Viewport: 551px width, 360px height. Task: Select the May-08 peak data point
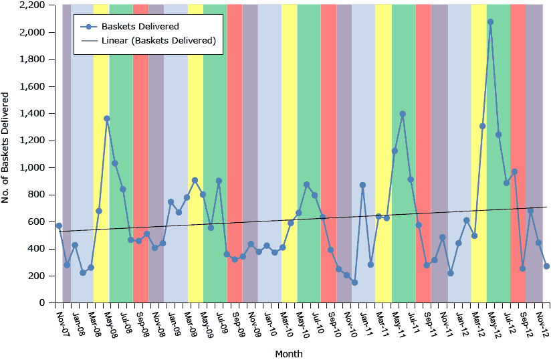click(107, 118)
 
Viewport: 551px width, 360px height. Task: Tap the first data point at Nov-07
click(59, 226)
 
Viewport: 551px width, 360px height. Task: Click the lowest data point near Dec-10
click(354, 282)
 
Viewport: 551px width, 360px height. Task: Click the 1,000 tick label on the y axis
click(33, 168)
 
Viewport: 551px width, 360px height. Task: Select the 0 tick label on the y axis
click(41, 303)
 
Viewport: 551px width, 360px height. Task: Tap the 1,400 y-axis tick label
click(33, 114)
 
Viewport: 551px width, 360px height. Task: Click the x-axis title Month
click(288, 353)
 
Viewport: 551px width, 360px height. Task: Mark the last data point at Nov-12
click(546, 266)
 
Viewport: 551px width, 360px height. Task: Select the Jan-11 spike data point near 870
click(362, 185)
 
